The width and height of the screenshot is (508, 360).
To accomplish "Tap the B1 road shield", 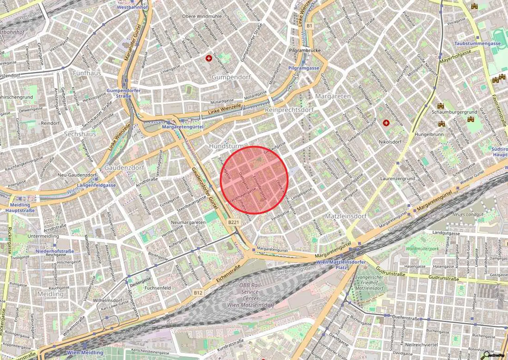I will click(309, 25).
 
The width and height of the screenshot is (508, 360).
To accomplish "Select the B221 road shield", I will click(233, 222).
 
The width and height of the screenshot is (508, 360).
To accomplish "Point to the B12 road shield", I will click(198, 293).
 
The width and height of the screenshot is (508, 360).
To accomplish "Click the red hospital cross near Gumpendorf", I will click(209, 58).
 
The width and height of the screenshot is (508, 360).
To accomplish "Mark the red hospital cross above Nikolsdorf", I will click(386, 123).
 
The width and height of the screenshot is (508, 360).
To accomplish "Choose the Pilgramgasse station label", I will click(304, 68).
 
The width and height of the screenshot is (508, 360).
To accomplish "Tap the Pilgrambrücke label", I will click(305, 51).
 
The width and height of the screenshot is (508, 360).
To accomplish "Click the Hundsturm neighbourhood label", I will click(226, 146).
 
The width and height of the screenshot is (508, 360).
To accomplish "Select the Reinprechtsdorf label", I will click(289, 110).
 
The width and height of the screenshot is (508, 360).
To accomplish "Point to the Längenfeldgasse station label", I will click(96, 185).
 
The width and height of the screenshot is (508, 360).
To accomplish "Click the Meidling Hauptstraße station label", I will click(20, 208).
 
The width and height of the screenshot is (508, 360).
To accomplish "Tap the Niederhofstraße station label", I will click(55, 251).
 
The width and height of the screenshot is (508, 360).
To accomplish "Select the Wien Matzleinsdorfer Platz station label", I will click(341, 264).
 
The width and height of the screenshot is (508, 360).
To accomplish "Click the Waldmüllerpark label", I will click(422, 249).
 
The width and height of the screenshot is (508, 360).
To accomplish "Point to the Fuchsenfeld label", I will click(158, 288).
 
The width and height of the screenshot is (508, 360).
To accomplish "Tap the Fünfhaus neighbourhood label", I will click(87, 73).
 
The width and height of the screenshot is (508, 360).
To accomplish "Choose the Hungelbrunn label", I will click(429, 135).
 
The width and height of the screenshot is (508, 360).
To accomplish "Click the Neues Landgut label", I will click(468, 214).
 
